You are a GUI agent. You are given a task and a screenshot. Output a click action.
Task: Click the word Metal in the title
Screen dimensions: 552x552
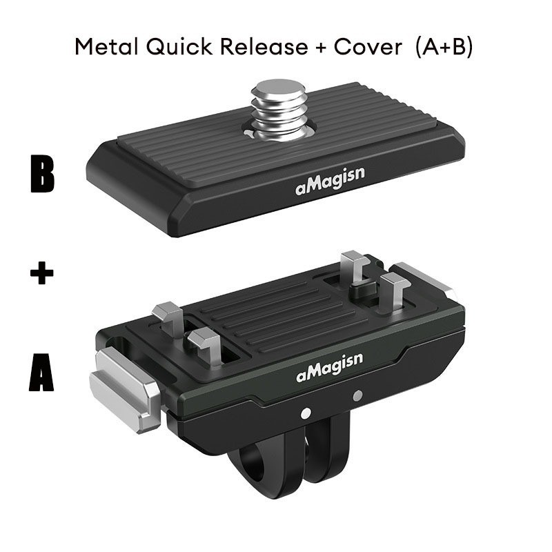click(x=107, y=46)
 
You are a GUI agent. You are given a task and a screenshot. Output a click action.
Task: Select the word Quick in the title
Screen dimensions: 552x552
click(x=179, y=47)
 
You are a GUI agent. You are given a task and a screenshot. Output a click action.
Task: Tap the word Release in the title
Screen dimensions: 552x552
click(x=264, y=46)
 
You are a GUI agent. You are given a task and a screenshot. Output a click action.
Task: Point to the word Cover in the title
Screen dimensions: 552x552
click(x=368, y=46)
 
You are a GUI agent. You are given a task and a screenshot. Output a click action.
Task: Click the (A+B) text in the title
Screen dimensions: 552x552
click(x=444, y=47)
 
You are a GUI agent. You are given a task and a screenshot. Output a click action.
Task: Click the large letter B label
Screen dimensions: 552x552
click(x=42, y=175)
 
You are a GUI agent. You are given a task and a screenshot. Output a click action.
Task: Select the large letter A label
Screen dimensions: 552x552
click(x=41, y=373)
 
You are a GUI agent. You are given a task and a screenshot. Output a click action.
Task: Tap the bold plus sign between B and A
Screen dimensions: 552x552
click(x=41, y=273)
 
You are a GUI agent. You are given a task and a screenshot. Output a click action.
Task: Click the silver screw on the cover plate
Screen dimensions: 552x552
click(x=279, y=110)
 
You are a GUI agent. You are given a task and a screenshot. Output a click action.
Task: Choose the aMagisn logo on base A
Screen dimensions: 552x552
click(x=330, y=367)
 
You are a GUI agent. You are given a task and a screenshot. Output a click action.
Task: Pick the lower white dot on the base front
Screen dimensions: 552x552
click(x=306, y=413)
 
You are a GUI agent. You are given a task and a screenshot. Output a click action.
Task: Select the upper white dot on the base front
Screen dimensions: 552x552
click(x=357, y=396)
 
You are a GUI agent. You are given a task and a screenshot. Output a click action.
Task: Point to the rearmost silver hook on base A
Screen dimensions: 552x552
click(x=355, y=268)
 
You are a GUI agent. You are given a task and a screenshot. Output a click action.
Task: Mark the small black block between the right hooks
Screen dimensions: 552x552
click(x=364, y=289)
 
